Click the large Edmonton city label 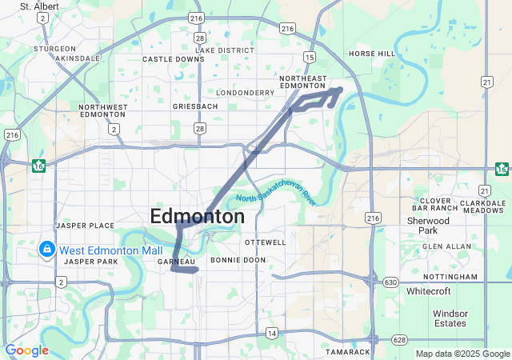click(198, 216)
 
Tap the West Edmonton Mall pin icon click(47, 250)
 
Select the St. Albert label click(36, 6)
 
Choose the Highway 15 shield click(310, 57)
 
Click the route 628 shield click(398, 339)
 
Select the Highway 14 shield click(272, 332)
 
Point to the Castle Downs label click(174, 59)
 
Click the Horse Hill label click(372, 54)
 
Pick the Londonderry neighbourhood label click(228, 93)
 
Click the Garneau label click(177, 262)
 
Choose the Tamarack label click(348, 352)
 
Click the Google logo click(27, 350)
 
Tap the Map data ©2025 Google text click(462, 354)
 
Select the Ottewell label click(265, 242)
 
